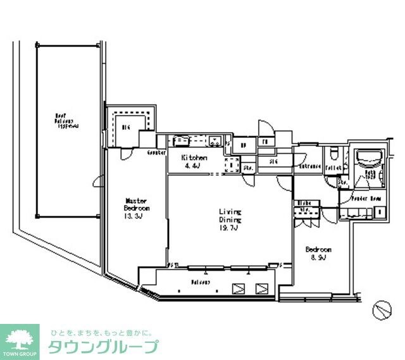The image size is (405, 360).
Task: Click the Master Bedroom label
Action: click(137, 205)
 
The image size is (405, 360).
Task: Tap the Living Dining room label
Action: click(230, 216)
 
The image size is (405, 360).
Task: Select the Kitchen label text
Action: click(194, 158)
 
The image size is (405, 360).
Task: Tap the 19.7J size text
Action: click(230, 228)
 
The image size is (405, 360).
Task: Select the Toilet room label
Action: click(334, 168)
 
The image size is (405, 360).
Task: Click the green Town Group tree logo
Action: click(20, 338)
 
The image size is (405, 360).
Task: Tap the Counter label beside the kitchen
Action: click(156, 153)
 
